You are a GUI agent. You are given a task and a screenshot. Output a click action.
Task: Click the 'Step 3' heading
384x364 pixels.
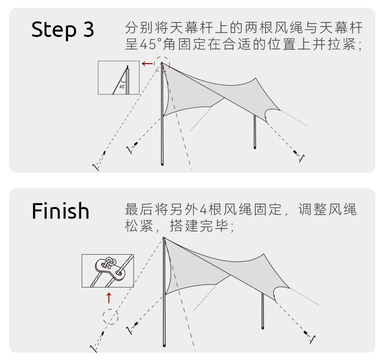pos(62,30)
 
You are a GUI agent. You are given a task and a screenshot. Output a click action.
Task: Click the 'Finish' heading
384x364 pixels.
pos(61,211)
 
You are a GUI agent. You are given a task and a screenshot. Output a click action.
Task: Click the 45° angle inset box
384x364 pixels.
pos(118,78)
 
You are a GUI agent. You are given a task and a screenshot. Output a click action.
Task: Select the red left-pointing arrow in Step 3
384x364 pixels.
pos(147,64)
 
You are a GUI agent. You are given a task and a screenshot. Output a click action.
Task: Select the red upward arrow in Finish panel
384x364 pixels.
pos(109,297)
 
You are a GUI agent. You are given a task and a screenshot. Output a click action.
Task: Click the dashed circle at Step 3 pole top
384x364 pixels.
pos(162,63)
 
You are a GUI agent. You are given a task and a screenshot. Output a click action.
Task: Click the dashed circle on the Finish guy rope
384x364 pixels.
pos(110,317)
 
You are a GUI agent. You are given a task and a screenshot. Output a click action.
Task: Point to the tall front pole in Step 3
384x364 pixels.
pos(162,121)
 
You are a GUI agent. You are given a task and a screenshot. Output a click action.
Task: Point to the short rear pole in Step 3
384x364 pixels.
pos(255,134)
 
